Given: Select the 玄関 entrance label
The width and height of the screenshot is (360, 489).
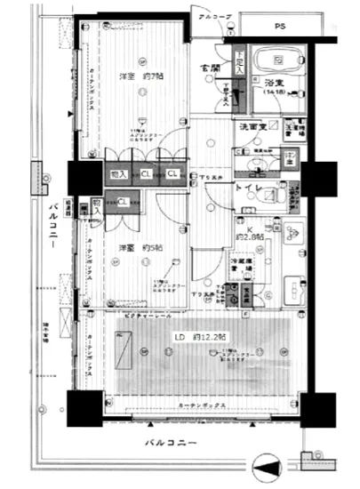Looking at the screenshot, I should (211, 68).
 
